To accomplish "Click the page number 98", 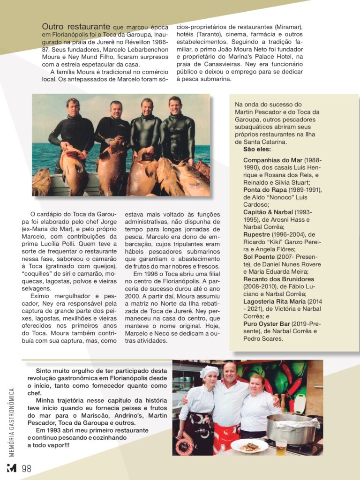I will tap(26, 468).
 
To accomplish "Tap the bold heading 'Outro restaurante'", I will tap(76, 27).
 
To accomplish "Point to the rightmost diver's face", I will tap(175, 105).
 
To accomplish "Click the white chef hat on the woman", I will tap(209, 371).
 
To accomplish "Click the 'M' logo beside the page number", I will tap(11, 468).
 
